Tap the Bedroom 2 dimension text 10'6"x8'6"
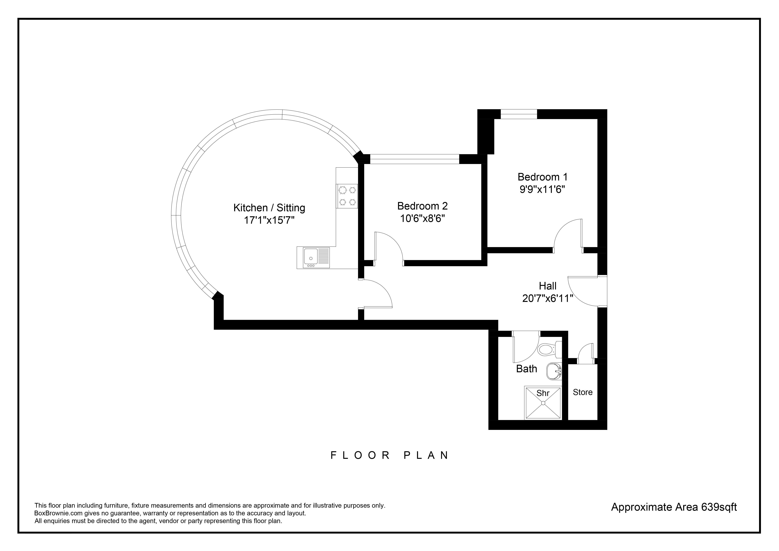pos(422,218)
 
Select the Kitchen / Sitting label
pos(269,208)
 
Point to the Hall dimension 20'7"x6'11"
pos(548,298)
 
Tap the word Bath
pos(527,369)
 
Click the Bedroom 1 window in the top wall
pos(519,114)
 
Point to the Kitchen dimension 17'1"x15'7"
pos(269,220)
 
